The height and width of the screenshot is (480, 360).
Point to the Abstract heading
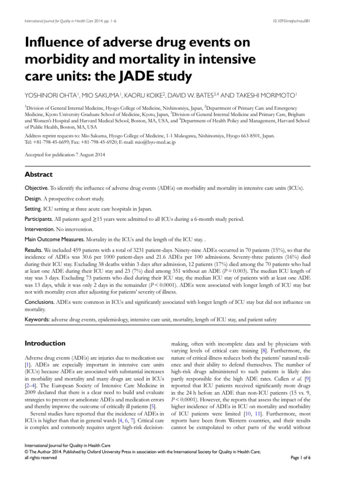click(x=38, y=174)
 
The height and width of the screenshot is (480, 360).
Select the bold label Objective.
click(x=36, y=188)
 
